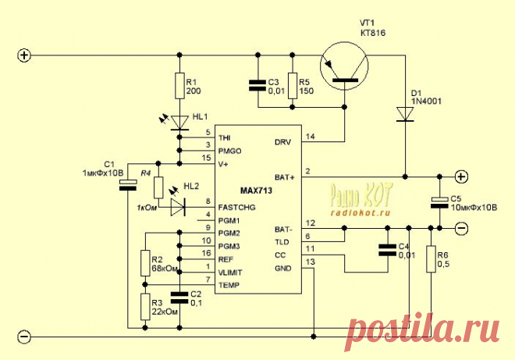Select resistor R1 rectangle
180,85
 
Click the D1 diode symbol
405,114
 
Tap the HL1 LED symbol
180,122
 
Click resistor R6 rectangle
432,259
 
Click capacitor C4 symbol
386,250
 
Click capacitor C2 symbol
180,296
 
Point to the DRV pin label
282,142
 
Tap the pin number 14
310,137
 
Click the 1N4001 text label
426,101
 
